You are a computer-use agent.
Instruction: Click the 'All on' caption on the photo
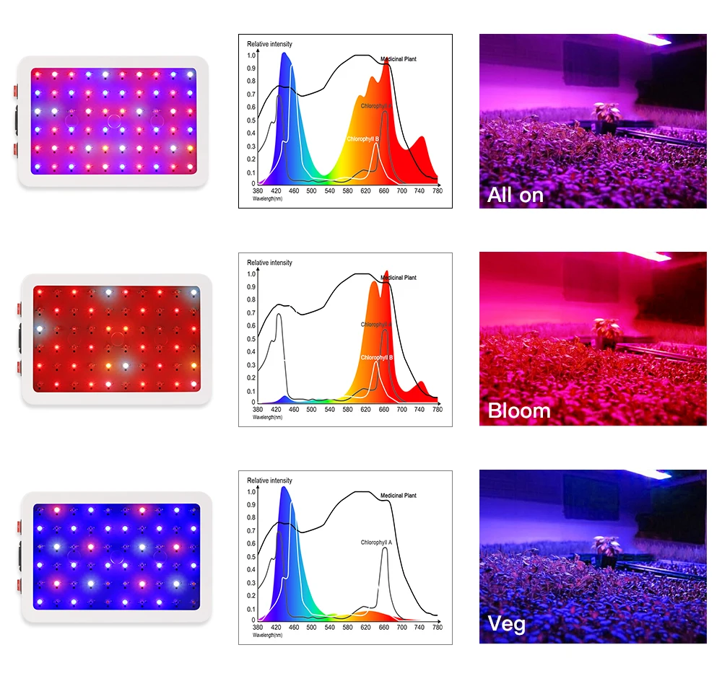(515, 195)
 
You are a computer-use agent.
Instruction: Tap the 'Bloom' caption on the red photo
(518, 411)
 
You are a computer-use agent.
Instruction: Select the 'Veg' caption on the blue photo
(507, 623)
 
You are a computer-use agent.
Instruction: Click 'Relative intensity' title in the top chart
(270, 45)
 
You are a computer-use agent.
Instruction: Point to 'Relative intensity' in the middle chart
(270, 263)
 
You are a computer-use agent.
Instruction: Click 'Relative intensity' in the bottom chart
(270, 480)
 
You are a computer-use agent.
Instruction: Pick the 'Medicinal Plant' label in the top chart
(398, 59)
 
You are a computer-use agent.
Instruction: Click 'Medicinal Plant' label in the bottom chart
(398, 496)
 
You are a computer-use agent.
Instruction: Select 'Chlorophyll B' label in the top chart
(363, 139)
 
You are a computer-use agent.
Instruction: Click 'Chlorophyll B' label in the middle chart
(376, 357)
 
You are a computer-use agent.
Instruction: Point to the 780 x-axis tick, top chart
(437, 190)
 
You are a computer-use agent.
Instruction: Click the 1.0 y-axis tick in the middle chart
(251, 274)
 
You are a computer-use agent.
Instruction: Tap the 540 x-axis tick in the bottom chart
(329, 627)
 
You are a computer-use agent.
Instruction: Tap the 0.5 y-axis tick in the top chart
(251, 120)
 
